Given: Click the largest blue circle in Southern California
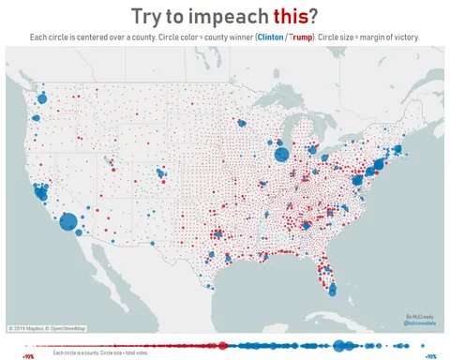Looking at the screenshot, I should [68, 222].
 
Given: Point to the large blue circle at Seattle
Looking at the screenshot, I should [41, 97].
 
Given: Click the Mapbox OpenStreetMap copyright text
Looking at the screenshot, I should [47, 328].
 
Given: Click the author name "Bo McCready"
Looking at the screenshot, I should [417, 316].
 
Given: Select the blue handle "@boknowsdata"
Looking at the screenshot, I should [417, 323].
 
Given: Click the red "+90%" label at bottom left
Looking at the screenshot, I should [28, 356].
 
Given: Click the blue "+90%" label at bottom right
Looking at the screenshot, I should [430, 356].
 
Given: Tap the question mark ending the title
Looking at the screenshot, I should [313, 16].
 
